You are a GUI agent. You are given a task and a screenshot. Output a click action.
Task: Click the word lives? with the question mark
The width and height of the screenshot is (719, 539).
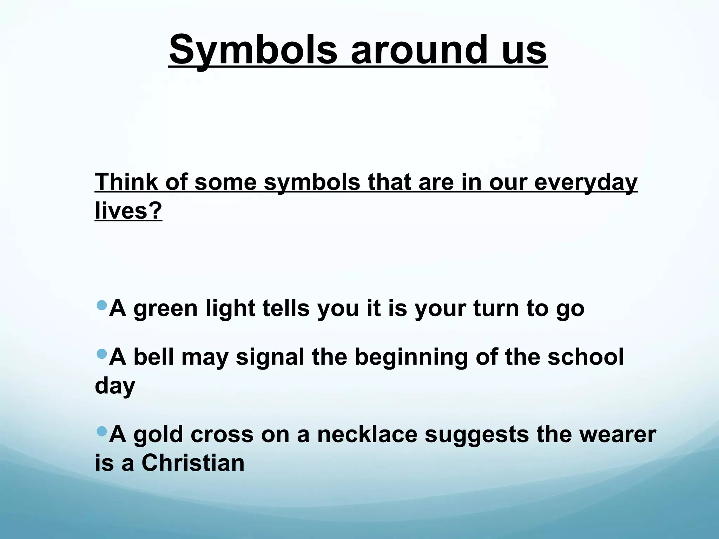click(128, 211)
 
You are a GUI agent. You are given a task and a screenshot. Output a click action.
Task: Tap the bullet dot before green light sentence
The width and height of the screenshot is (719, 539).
click(101, 305)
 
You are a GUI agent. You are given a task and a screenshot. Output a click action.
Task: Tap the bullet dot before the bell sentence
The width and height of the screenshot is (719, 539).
click(101, 354)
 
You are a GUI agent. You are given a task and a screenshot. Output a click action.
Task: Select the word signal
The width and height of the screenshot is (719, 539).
click(270, 357)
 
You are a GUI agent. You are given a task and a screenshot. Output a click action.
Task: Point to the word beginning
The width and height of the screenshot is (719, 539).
click(411, 357)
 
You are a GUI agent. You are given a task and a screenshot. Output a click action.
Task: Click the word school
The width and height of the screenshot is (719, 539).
click(586, 357)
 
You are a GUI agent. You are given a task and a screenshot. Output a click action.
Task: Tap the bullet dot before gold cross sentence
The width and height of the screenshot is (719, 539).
click(101, 431)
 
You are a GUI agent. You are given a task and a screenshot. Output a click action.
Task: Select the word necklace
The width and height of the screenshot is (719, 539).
click(367, 434)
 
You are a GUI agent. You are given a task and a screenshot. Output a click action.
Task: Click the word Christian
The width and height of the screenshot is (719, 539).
click(193, 463)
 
